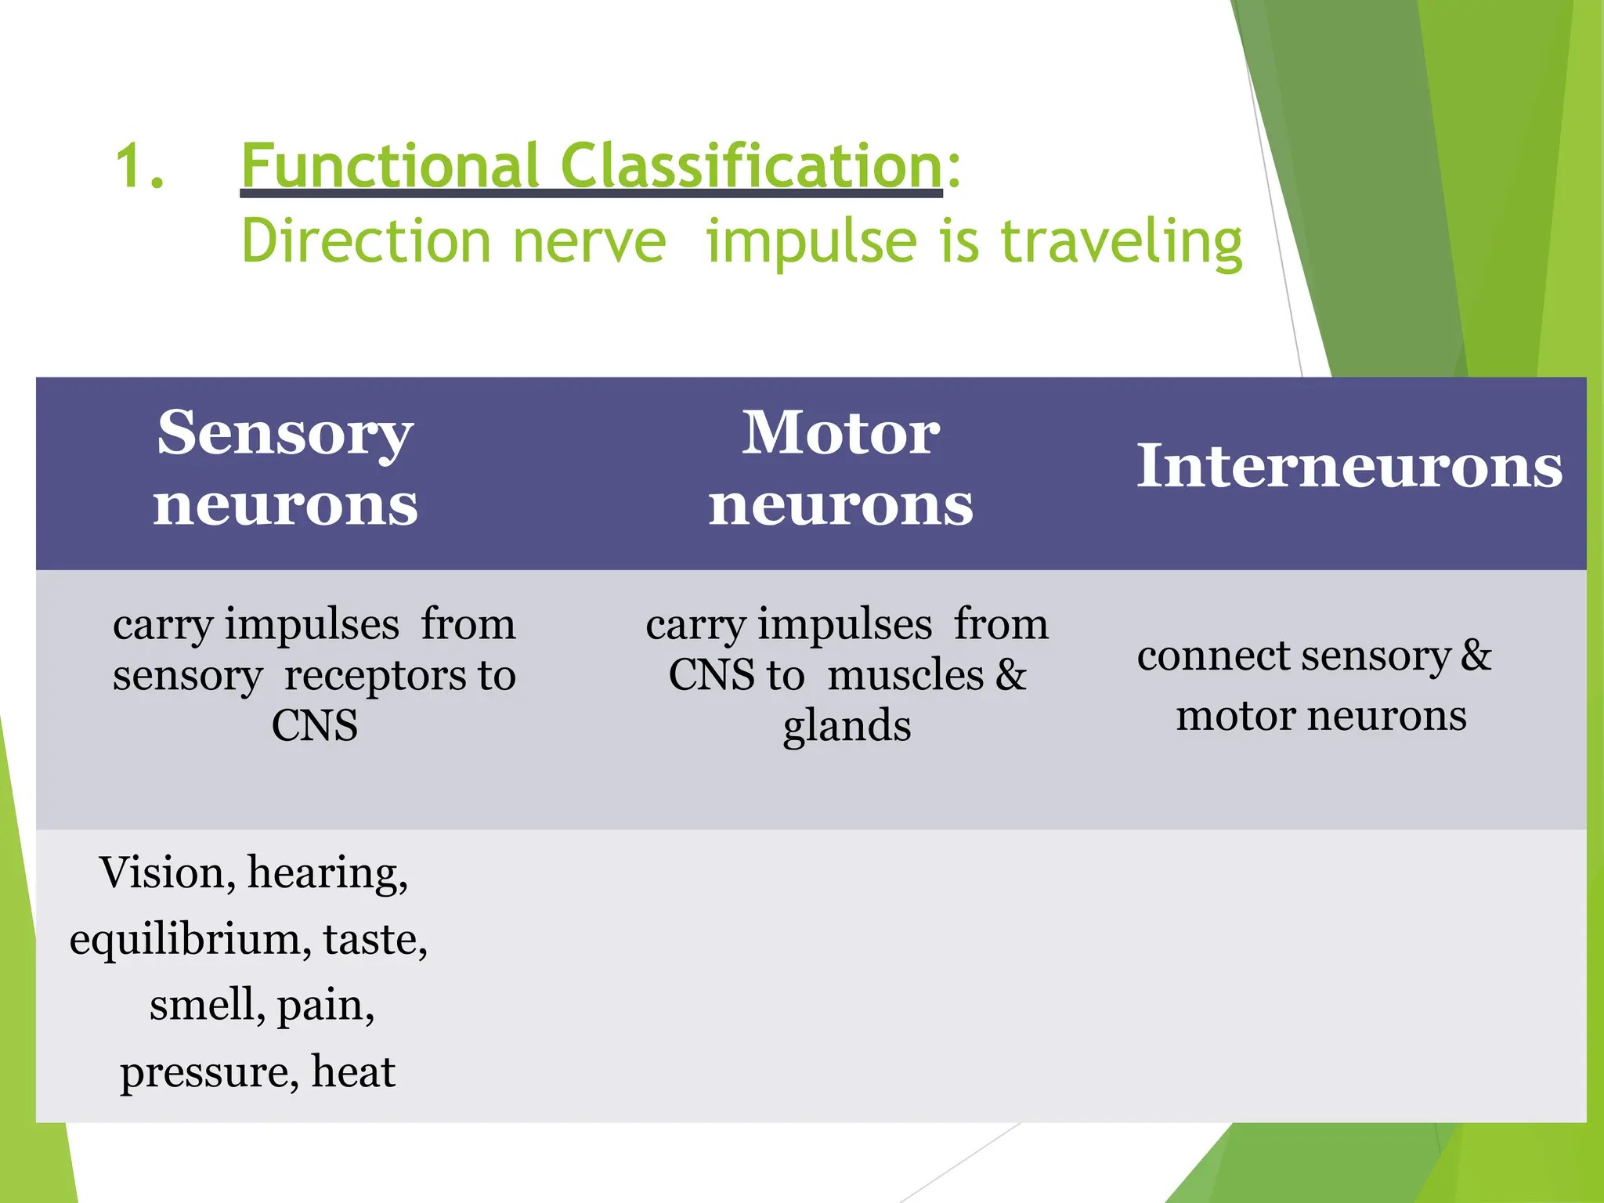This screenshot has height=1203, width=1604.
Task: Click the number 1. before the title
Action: click(x=139, y=167)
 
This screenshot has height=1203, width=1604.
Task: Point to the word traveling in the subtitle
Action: click(x=1122, y=242)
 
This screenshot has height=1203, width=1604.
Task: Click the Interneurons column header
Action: click(x=1349, y=467)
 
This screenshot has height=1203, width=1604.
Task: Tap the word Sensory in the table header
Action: click(x=285, y=433)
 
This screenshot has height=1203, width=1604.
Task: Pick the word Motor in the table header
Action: click(x=840, y=433)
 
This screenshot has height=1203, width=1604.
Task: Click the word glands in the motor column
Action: click(x=847, y=726)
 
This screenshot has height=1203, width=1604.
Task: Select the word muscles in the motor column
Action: click(x=905, y=675)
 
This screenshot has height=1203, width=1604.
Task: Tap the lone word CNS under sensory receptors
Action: click(x=315, y=726)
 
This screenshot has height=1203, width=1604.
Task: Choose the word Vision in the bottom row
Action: click(x=162, y=872)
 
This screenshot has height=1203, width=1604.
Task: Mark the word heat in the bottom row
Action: click(x=353, y=1071)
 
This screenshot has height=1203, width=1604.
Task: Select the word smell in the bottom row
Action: click(x=202, y=1005)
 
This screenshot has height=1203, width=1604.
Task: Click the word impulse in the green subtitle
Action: click(x=811, y=242)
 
